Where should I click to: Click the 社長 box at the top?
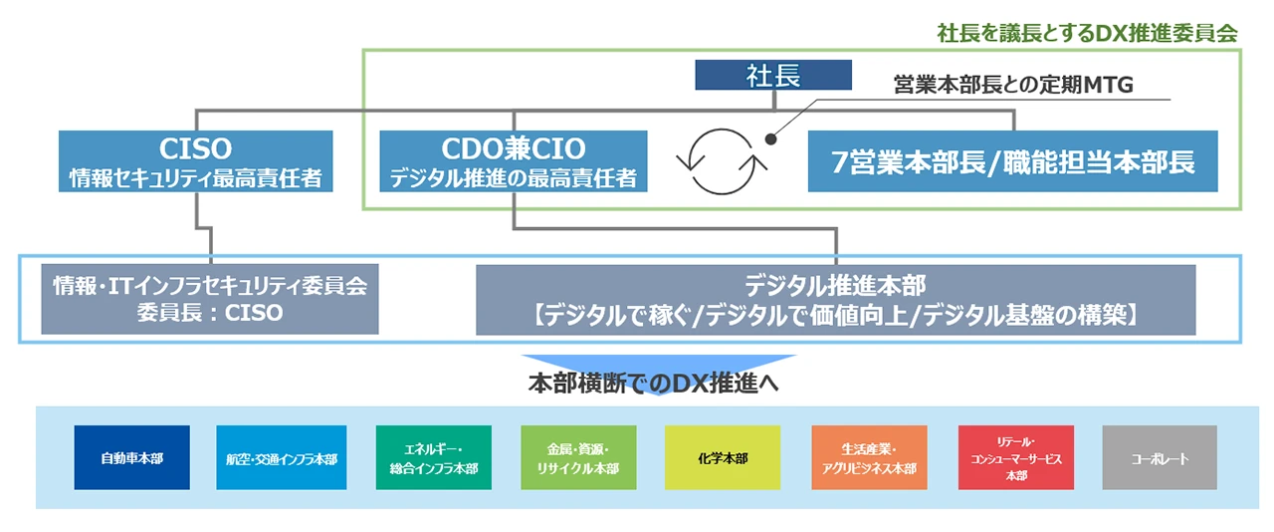[773, 75]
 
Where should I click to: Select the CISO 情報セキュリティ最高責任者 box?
[195, 161]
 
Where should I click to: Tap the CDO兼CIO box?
[514, 161]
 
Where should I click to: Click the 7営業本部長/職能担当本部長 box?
[1012, 161]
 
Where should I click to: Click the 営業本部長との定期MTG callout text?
[1013, 87]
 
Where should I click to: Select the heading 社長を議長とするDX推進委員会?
[1087, 32]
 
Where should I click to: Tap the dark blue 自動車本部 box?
[131, 458]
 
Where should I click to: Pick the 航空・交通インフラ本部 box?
[281, 458]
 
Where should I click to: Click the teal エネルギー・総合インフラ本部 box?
[433, 458]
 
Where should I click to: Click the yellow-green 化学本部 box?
[723, 458]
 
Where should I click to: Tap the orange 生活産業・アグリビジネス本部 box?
[869, 458]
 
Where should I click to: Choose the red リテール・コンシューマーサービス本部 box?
[1016, 458]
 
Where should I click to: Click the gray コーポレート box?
[1160, 458]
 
